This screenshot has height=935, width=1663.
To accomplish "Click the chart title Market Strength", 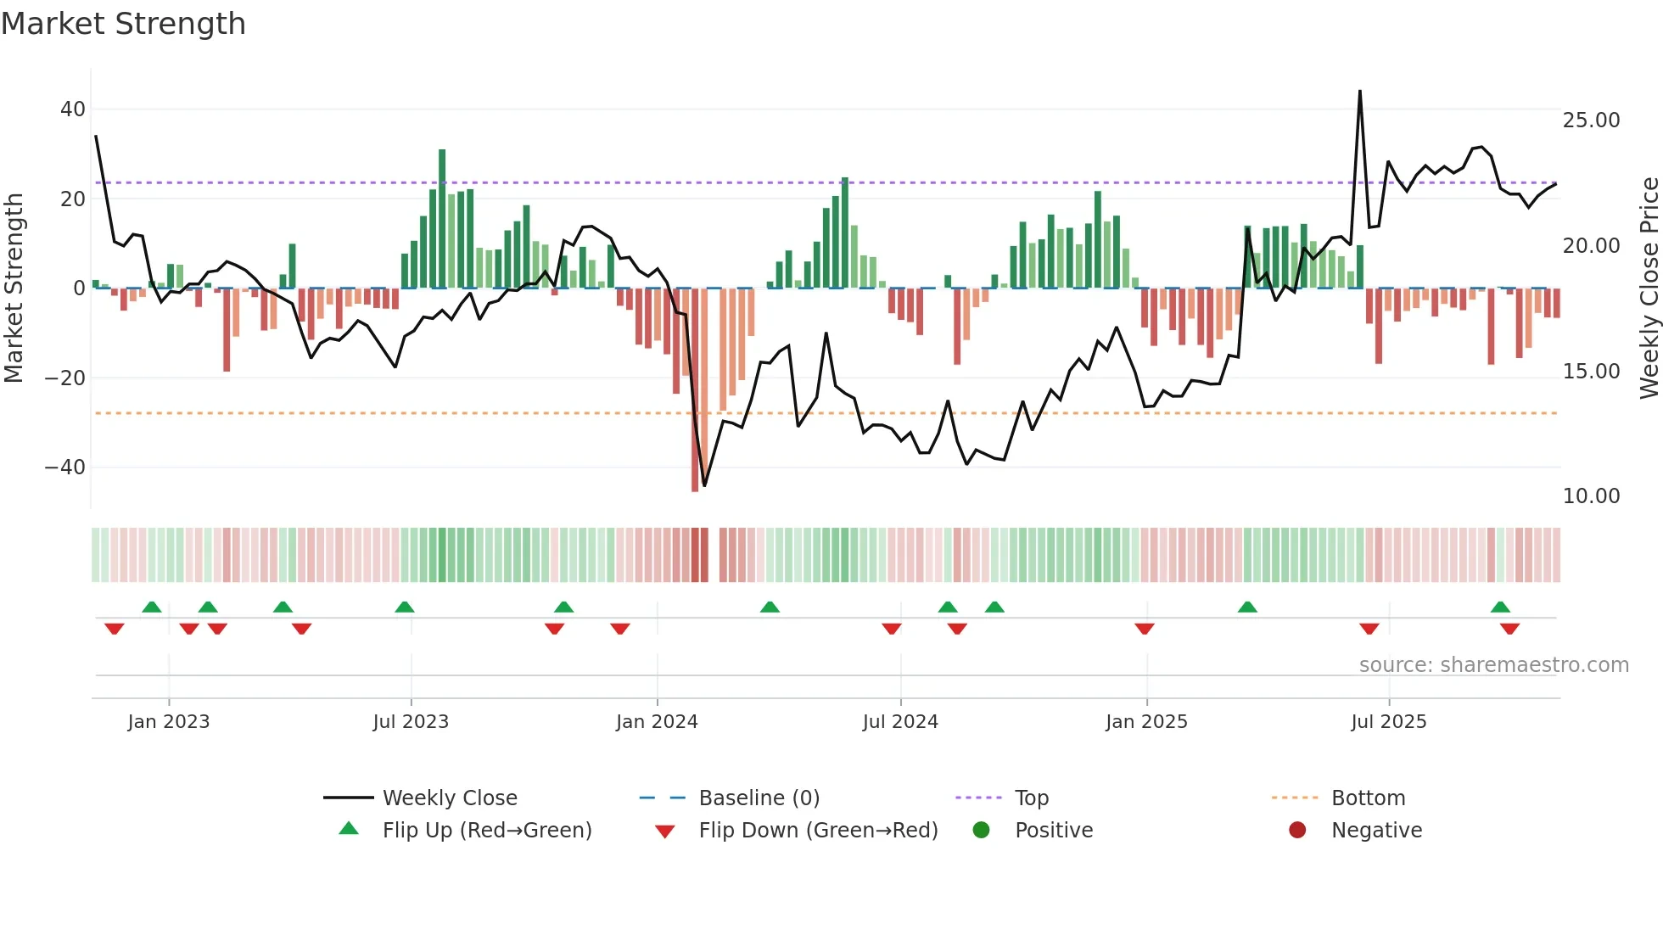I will tap(123, 24).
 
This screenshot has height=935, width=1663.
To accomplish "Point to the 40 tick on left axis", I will tap(73, 109).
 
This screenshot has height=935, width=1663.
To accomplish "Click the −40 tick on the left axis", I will tap(65, 467).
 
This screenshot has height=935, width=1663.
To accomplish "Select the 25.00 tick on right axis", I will tap(1591, 120).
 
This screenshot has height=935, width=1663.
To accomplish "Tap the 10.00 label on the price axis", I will tap(1591, 496).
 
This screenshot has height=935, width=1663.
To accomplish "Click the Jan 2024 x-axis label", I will tap(657, 722).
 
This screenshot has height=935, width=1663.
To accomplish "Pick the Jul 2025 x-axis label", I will tap(1388, 722).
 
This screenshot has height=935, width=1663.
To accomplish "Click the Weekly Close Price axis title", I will tap(1649, 288).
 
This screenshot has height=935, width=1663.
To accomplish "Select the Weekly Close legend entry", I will tap(449, 798).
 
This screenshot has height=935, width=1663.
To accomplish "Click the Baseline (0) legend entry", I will tap(759, 798).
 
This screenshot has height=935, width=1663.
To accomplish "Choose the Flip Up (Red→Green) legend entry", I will tap(486, 831).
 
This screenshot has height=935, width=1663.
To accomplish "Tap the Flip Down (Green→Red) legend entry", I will tap(818, 831).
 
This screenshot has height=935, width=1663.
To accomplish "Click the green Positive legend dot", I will tap(982, 831).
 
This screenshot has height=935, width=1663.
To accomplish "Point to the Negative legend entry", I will tap(1375, 831).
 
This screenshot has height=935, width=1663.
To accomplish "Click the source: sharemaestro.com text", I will tap(1493, 665).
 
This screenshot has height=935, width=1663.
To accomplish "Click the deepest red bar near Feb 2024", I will tap(695, 390).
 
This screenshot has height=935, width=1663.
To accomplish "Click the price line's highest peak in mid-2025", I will tap(1360, 92).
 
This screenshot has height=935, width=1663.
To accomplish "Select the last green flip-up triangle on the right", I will tap(1500, 607).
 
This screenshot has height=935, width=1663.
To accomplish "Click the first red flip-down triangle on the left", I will tap(115, 629).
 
